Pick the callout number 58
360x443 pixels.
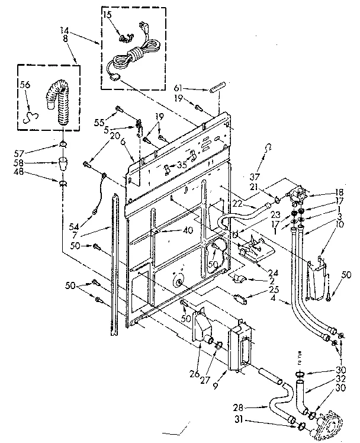(x=36, y=162)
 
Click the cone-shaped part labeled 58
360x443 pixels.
(x=62, y=162)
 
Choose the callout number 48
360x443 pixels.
(x=36, y=172)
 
